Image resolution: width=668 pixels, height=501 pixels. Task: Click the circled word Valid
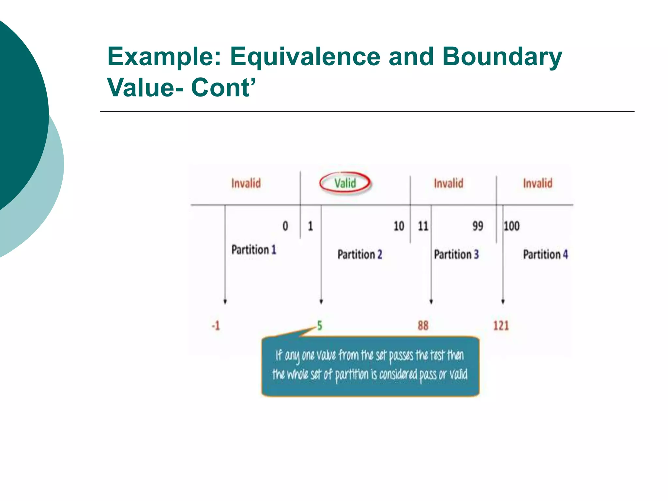tap(345, 183)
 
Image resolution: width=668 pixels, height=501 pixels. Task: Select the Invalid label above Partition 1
tap(246, 183)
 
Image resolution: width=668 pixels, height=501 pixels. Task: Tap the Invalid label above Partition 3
tap(448, 183)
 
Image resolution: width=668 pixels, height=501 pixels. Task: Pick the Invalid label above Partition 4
tap(538, 183)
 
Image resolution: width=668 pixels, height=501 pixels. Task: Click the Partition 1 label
tap(254, 250)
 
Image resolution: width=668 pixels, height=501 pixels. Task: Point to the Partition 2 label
tap(360, 254)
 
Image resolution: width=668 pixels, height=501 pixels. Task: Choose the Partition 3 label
tap(456, 254)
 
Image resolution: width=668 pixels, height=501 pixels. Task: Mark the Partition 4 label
tap(545, 254)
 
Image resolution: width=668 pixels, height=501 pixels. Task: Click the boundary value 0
tap(285, 226)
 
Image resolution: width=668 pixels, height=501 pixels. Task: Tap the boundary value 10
tap(399, 226)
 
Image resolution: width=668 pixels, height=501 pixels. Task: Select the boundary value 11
tap(423, 226)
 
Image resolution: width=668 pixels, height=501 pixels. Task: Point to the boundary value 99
tap(478, 226)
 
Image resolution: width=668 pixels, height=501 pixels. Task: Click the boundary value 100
tap(511, 226)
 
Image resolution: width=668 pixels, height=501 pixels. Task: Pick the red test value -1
tap(216, 326)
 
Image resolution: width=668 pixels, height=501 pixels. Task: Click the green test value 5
tap(320, 326)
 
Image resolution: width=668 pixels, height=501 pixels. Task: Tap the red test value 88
tap(423, 326)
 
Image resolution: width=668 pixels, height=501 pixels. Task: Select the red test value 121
tap(501, 326)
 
